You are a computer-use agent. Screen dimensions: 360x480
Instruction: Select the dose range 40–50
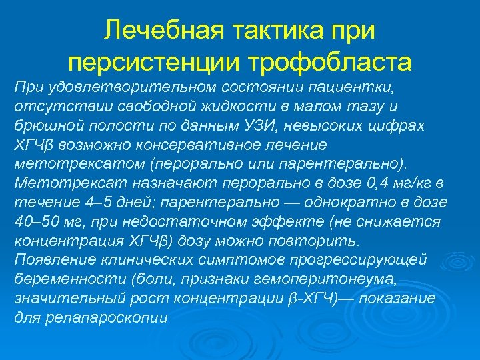pos(40,221)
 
